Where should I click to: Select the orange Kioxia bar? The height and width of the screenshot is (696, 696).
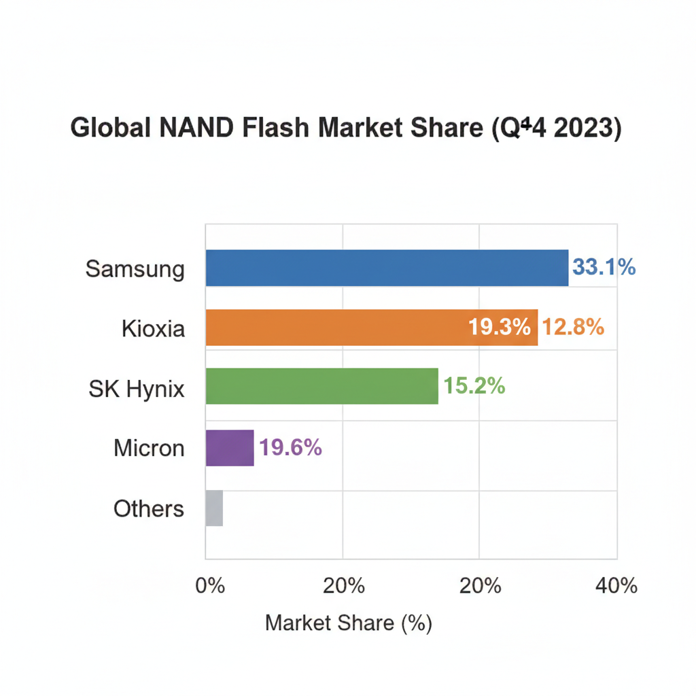[x=340, y=328]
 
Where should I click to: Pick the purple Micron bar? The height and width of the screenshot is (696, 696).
[x=230, y=448]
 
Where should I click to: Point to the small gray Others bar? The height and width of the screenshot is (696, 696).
[x=214, y=508]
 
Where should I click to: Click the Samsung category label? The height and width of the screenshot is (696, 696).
[x=135, y=268]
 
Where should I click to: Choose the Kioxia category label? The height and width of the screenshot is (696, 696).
[x=153, y=328]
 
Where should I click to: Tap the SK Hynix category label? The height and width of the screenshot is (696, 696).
[x=137, y=388]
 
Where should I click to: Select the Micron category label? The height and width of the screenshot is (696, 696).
[x=149, y=448]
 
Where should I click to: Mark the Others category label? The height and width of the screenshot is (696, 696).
[x=149, y=508]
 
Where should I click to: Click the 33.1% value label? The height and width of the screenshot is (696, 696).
[x=604, y=267]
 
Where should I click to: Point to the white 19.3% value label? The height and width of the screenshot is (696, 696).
[x=499, y=328]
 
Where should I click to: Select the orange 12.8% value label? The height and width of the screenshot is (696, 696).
[x=572, y=328]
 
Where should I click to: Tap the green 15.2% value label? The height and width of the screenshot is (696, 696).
[x=474, y=386]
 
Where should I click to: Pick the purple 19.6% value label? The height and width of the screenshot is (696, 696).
[x=290, y=447]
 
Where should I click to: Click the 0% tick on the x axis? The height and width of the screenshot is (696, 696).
[x=210, y=585]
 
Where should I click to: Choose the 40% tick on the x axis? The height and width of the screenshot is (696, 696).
[x=616, y=585]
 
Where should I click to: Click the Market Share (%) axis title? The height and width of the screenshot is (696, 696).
[x=348, y=623]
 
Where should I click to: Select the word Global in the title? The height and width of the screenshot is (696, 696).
[x=111, y=128]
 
